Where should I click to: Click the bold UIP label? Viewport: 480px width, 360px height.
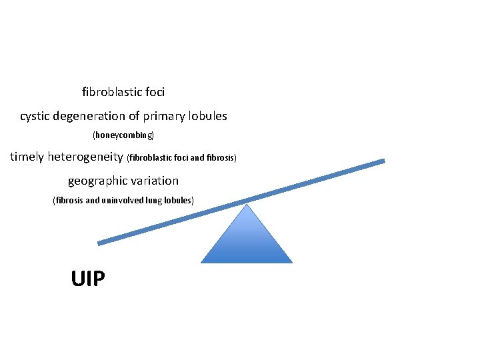pos(88,277)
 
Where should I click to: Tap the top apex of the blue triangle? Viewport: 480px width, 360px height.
pos(247,205)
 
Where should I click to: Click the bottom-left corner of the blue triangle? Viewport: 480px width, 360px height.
pos(201,262)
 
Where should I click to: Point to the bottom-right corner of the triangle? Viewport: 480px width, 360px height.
pos(292,262)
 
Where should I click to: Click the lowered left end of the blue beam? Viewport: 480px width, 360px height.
pos(99,243)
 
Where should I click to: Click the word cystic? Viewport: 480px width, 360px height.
pos(35,116)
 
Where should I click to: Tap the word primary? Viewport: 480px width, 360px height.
pos(165,116)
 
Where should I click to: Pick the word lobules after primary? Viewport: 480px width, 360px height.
pos(208,116)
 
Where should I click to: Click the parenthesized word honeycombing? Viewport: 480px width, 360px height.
pos(123,135)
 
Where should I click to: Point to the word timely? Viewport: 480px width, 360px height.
pos(27,157)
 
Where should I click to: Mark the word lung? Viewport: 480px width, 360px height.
pos(160,200)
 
